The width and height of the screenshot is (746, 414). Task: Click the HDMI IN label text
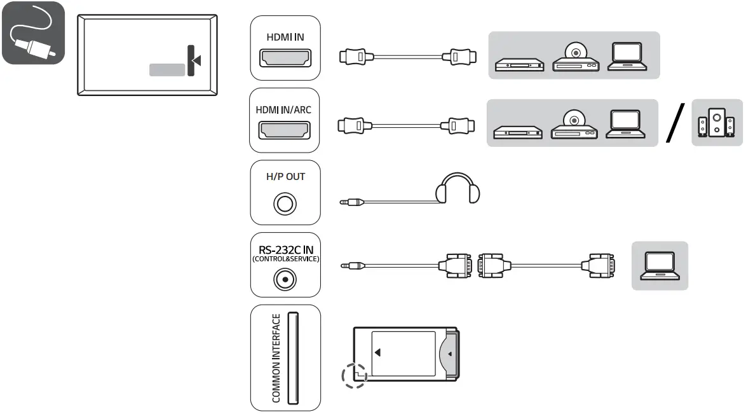(285, 37)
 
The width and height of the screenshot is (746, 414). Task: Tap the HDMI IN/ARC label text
(284, 109)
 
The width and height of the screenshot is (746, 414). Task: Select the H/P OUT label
(285, 176)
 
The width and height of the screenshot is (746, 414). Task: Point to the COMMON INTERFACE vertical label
(276, 358)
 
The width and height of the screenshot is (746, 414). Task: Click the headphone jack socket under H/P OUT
(285, 204)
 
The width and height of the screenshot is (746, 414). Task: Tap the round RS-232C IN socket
(285, 278)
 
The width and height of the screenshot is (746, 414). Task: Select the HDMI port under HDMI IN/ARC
(285, 130)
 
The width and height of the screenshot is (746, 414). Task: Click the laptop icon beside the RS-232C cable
(660, 265)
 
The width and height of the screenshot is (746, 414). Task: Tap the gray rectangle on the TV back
(166, 69)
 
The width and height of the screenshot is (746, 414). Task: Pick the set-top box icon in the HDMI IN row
(519, 63)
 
